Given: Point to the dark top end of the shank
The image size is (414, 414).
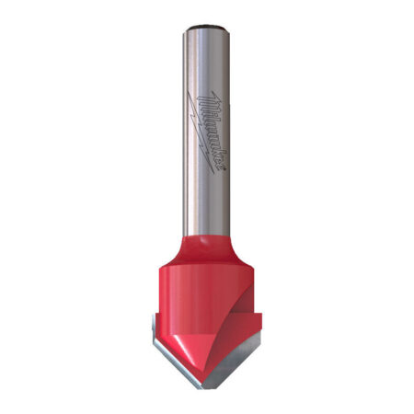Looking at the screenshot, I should [x=207, y=27].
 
